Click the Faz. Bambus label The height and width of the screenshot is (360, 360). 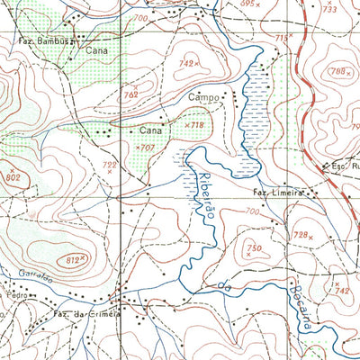tap(44, 41)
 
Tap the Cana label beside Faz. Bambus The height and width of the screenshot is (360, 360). tap(96, 51)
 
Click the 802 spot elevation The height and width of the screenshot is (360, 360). tap(12, 178)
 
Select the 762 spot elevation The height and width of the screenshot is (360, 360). tap(131, 94)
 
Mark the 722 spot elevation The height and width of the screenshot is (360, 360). tap(110, 166)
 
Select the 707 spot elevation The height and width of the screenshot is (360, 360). tap(144, 146)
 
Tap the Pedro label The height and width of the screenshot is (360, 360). tap(13, 294)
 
